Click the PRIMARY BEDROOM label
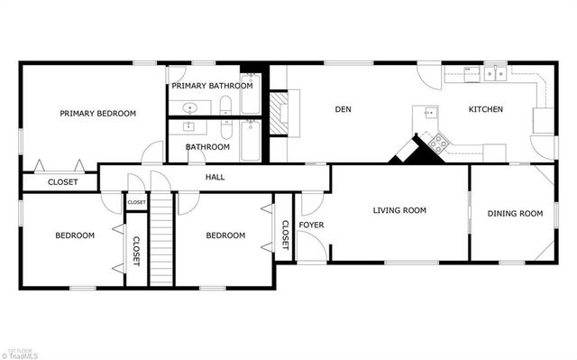click(97, 114)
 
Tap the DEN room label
click(343, 110)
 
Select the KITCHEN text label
click(485, 110)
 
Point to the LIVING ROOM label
click(399, 210)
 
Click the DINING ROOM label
click(515, 214)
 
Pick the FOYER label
click(312, 225)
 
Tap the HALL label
click(215, 177)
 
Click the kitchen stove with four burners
click(439, 141)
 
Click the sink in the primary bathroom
click(190, 107)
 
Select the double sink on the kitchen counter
click(494, 75)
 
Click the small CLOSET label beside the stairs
click(136, 203)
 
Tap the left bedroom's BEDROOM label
click(75, 235)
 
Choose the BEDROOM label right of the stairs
click(225, 235)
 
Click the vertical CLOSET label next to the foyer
click(285, 235)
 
